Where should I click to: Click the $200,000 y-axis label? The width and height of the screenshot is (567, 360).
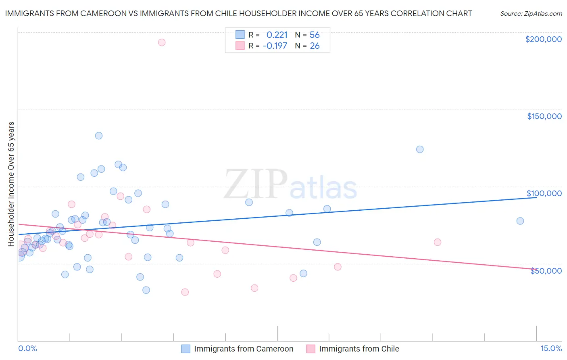click(x=543, y=39)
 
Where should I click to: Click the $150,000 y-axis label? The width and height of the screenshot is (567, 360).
click(x=544, y=116)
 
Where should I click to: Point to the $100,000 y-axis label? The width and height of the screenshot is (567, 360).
click(x=544, y=193)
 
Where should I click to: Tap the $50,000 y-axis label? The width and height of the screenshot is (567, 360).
click(x=546, y=271)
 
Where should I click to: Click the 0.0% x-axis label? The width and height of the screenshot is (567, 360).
click(x=27, y=348)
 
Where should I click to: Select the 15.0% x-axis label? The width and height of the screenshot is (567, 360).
click(x=551, y=348)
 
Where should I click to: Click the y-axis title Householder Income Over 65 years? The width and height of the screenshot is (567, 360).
click(x=11, y=184)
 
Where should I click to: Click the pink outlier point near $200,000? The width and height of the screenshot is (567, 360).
click(x=162, y=42)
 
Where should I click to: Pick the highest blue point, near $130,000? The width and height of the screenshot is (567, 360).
click(x=99, y=136)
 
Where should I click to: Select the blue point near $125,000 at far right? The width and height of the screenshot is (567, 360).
click(x=420, y=149)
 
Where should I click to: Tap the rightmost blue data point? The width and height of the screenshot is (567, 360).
click(x=520, y=221)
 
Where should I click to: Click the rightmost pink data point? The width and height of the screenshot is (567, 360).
click(x=438, y=242)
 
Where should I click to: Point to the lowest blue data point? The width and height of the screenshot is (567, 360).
click(x=146, y=290)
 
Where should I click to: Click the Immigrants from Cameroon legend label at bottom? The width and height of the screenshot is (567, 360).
click(x=244, y=349)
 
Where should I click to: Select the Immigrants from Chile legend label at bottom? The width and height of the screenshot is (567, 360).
click(x=359, y=349)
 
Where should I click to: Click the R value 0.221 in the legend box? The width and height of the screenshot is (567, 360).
click(x=277, y=35)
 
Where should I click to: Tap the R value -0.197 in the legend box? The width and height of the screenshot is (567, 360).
click(x=275, y=46)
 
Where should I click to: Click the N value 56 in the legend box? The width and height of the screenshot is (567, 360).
click(x=315, y=35)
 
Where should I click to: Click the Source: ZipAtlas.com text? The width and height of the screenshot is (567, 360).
click(x=531, y=14)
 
